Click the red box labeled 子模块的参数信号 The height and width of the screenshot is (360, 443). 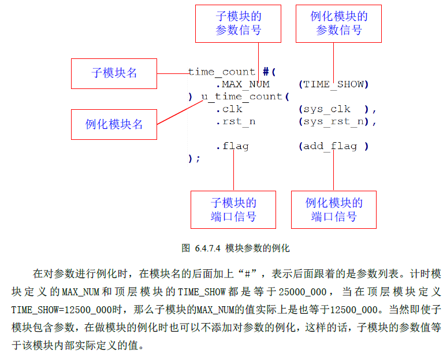(x=239, y=24)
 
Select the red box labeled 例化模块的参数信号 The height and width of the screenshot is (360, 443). (x=339, y=24)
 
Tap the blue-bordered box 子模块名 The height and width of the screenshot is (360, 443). (x=114, y=73)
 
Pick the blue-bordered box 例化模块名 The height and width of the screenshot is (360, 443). (x=114, y=124)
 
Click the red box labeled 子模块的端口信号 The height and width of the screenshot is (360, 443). (x=233, y=209)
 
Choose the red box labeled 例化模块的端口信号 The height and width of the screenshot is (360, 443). (x=334, y=209)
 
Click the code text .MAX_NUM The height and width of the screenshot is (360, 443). (x=243, y=84)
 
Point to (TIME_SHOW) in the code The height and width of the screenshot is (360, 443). (x=334, y=84)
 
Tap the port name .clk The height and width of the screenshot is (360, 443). (x=229, y=109)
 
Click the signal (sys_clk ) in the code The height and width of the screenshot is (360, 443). (x=337, y=109)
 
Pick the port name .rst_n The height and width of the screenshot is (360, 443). (x=236, y=121)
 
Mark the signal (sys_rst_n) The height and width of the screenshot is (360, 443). (x=337, y=121)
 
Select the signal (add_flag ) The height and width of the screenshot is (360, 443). (x=334, y=146)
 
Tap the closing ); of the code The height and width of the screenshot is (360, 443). (x=194, y=158)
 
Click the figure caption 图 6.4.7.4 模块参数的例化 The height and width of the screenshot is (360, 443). (x=235, y=248)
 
